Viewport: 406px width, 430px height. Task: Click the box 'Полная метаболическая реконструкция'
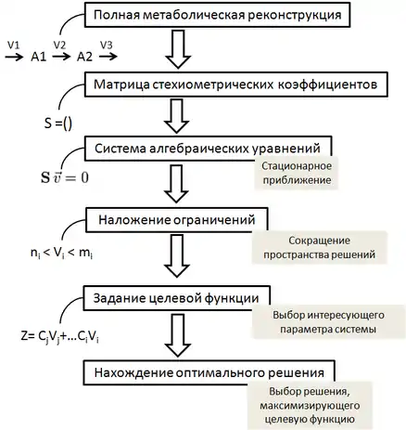click(218, 15)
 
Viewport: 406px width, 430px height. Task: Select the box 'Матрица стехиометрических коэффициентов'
click(236, 85)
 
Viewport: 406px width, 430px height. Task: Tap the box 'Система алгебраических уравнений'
click(209, 149)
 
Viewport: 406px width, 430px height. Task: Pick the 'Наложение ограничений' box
click(177, 220)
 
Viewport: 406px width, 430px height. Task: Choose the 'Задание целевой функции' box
click(177, 298)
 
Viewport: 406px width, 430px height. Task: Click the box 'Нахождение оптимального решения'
click(209, 372)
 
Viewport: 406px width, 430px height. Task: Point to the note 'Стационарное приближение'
click(297, 173)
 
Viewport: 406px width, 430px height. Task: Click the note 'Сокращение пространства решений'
click(319, 248)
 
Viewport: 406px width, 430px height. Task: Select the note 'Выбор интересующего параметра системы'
click(328, 322)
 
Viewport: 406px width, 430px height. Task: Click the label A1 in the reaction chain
click(39, 57)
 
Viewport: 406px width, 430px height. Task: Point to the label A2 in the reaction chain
click(84, 57)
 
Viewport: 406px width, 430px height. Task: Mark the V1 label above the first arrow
click(13, 46)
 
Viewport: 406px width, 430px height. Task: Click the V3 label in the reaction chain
click(106, 46)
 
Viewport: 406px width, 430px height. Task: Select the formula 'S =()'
click(58, 124)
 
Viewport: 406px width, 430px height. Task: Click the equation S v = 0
click(65, 177)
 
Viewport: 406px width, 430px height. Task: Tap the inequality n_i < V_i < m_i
click(62, 254)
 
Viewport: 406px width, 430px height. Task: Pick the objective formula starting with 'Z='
click(60, 336)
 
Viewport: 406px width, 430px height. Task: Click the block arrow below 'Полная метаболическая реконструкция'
click(178, 49)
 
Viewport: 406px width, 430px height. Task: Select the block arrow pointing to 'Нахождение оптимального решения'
click(178, 335)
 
